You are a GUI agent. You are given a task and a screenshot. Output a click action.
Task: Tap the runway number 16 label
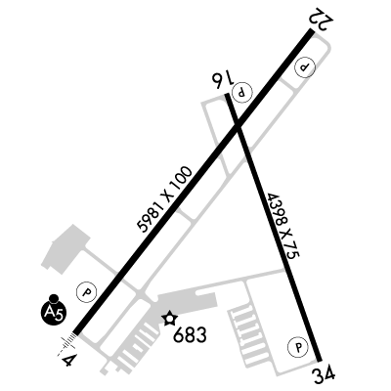[223, 79]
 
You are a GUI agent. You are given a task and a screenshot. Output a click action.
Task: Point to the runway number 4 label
[69, 360]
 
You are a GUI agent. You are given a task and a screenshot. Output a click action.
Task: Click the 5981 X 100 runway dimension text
[164, 199]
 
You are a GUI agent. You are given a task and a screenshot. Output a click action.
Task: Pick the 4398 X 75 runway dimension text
[282, 227]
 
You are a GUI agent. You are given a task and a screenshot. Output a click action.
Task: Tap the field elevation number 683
[190, 334]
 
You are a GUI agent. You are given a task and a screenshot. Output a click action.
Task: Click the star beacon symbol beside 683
[170, 319]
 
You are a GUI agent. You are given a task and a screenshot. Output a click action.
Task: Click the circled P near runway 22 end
[305, 67]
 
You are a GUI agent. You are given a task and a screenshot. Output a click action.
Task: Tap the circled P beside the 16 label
[241, 91]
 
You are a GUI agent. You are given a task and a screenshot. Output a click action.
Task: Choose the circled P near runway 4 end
[87, 291]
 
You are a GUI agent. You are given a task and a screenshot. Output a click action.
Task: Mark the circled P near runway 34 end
[298, 347]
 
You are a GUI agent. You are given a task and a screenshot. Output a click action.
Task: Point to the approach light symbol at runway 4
[67, 343]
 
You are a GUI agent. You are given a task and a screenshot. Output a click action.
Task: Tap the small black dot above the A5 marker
[54, 298]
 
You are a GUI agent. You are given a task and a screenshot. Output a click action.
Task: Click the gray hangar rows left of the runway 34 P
[247, 334]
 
